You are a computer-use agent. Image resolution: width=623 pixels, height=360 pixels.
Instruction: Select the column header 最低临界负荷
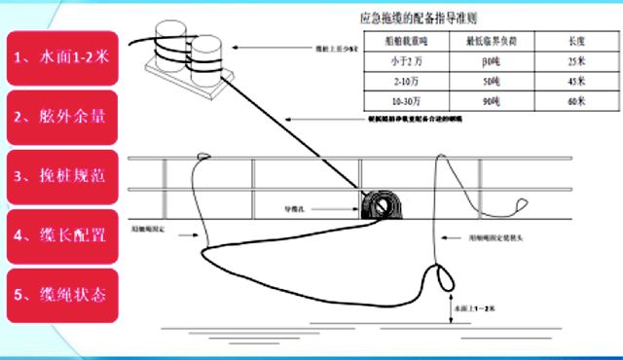[489, 42]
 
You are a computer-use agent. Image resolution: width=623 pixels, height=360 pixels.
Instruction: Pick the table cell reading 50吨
[489, 82]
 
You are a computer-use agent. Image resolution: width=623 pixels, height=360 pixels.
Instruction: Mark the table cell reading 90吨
[489, 101]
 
